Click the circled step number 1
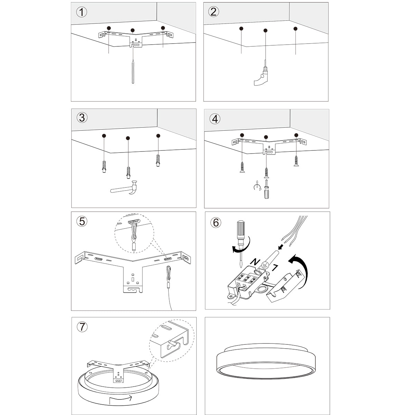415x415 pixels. coord(82,12)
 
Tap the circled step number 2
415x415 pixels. coord(213,12)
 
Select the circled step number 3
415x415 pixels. coord(82,118)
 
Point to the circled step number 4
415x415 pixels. coord(215,119)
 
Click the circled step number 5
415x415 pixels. coord(82,221)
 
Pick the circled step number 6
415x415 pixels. coord(216,222)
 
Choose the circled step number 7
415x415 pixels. coord(82,327)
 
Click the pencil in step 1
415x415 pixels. coord(133,71)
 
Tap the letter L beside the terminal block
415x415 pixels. coord(275,267)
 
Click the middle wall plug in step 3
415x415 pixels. coord(128,172)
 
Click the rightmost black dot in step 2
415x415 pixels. coord(295,29)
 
